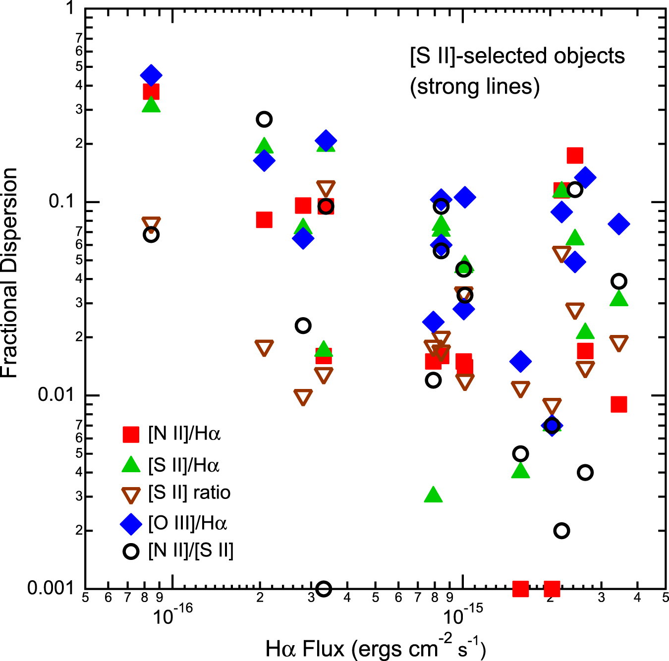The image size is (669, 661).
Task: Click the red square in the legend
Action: pos(131,434)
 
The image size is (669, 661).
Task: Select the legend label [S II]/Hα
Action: pos(184,465)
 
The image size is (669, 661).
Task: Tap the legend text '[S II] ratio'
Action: pos(189,493)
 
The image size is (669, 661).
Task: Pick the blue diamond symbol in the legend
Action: pos(131,524)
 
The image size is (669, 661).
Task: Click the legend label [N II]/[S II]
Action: pos(191,551)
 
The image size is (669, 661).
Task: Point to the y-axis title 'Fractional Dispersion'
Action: pos(10,273)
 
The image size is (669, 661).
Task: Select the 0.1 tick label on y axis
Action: pos(61,201)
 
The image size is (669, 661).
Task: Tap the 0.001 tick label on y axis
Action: pos(50,588)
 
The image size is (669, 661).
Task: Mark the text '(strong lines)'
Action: pos(474,87)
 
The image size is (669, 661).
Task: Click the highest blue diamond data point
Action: pos(151,75)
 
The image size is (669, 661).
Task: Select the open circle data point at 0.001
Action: pos(324,589)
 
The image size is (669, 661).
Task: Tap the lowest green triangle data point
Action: pos(433,495)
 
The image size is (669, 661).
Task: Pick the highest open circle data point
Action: pos(264,119)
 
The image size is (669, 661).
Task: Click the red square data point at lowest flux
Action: pos(151,92)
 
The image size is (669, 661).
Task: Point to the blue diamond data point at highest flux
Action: pos(618,224)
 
